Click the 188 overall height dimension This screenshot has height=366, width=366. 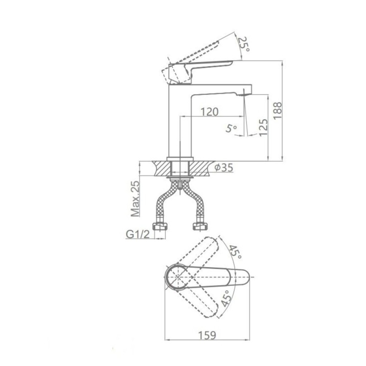coord(278,111)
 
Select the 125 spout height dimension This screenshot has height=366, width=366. coord(263,127)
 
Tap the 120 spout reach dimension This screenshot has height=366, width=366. coord(210,112)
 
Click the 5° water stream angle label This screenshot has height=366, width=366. coord(231,128)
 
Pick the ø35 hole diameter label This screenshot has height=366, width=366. coord(224,167)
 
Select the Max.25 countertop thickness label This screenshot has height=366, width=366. coord(135,199)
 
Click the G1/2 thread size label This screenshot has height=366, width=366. coord(138,234)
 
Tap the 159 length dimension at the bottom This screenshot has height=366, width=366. coord(207,335)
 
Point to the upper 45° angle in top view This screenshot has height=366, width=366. coord(235,252)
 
